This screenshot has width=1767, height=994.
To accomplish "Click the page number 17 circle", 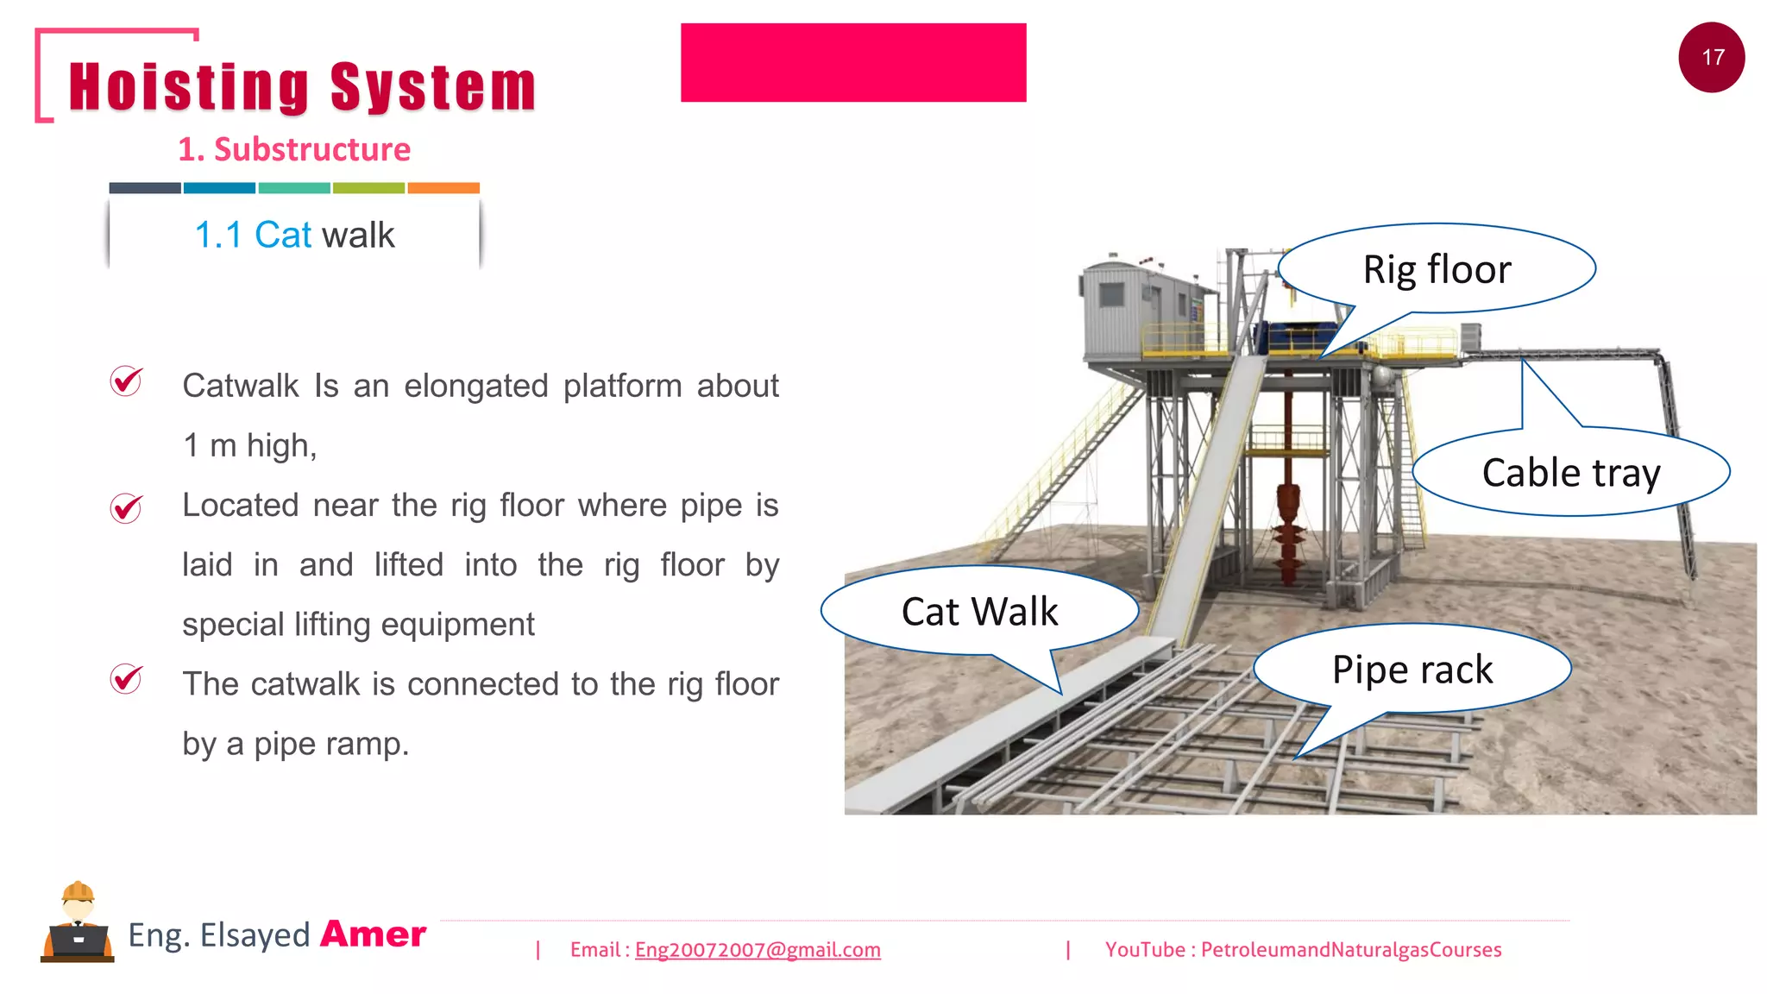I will coord(1712,58).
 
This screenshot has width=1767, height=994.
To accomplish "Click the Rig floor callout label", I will coord(1437,269).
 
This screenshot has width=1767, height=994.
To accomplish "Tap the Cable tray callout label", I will coord(1570,473).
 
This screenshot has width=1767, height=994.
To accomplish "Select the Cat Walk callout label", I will coord(979,612).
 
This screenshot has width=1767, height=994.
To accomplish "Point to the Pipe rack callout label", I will coord(1412,670).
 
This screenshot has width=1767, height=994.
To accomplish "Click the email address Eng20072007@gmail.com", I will coord(758,950).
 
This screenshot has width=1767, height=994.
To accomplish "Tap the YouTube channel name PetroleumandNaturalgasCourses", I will coord(1351,950).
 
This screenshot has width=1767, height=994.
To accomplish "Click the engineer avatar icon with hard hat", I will coord(78,923).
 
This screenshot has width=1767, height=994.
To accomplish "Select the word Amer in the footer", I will coord(373,934).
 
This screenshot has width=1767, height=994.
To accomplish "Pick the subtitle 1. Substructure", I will coord(294,150).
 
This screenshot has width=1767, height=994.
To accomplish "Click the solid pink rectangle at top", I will coord(853,63).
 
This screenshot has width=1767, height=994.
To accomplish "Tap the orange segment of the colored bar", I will coord(443,188).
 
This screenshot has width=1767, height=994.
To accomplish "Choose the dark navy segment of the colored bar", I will coord(145,188).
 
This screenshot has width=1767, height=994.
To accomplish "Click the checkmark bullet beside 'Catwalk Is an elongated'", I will coord(126,381).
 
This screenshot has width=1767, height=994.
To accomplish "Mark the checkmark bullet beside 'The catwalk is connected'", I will coord(126,680).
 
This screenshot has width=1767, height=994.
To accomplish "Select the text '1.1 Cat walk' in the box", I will coord(294,235).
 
